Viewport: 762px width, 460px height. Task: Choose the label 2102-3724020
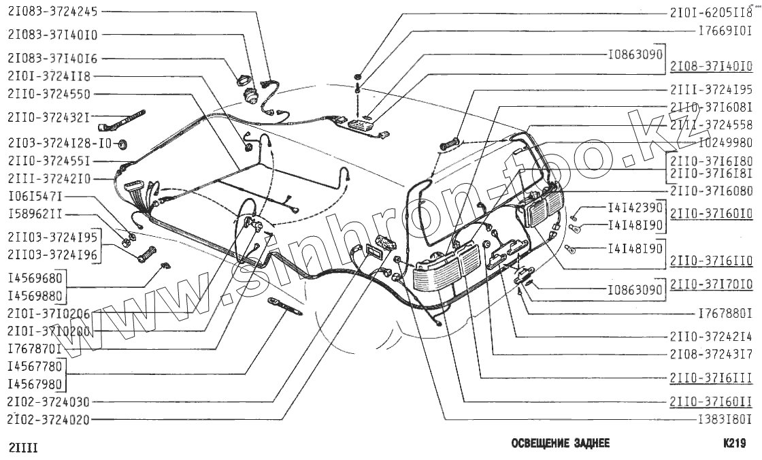(x=49, y=419)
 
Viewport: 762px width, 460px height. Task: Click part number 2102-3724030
(x=49, y=402)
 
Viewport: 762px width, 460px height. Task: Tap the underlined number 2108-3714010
(x=711, y=67)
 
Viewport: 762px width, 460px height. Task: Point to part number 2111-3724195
(x=711, y=90)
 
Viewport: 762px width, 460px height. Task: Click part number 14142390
(x=635, y=208)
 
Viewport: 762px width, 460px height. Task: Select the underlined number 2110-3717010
(x=711, y=284)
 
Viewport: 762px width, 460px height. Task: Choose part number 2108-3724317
(x=711, y=354)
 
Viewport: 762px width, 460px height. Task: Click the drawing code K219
(x=735, y=444)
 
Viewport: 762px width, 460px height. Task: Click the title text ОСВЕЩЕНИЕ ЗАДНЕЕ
(x=560, y=444)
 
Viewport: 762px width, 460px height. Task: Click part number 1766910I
(x=725, y=31)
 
